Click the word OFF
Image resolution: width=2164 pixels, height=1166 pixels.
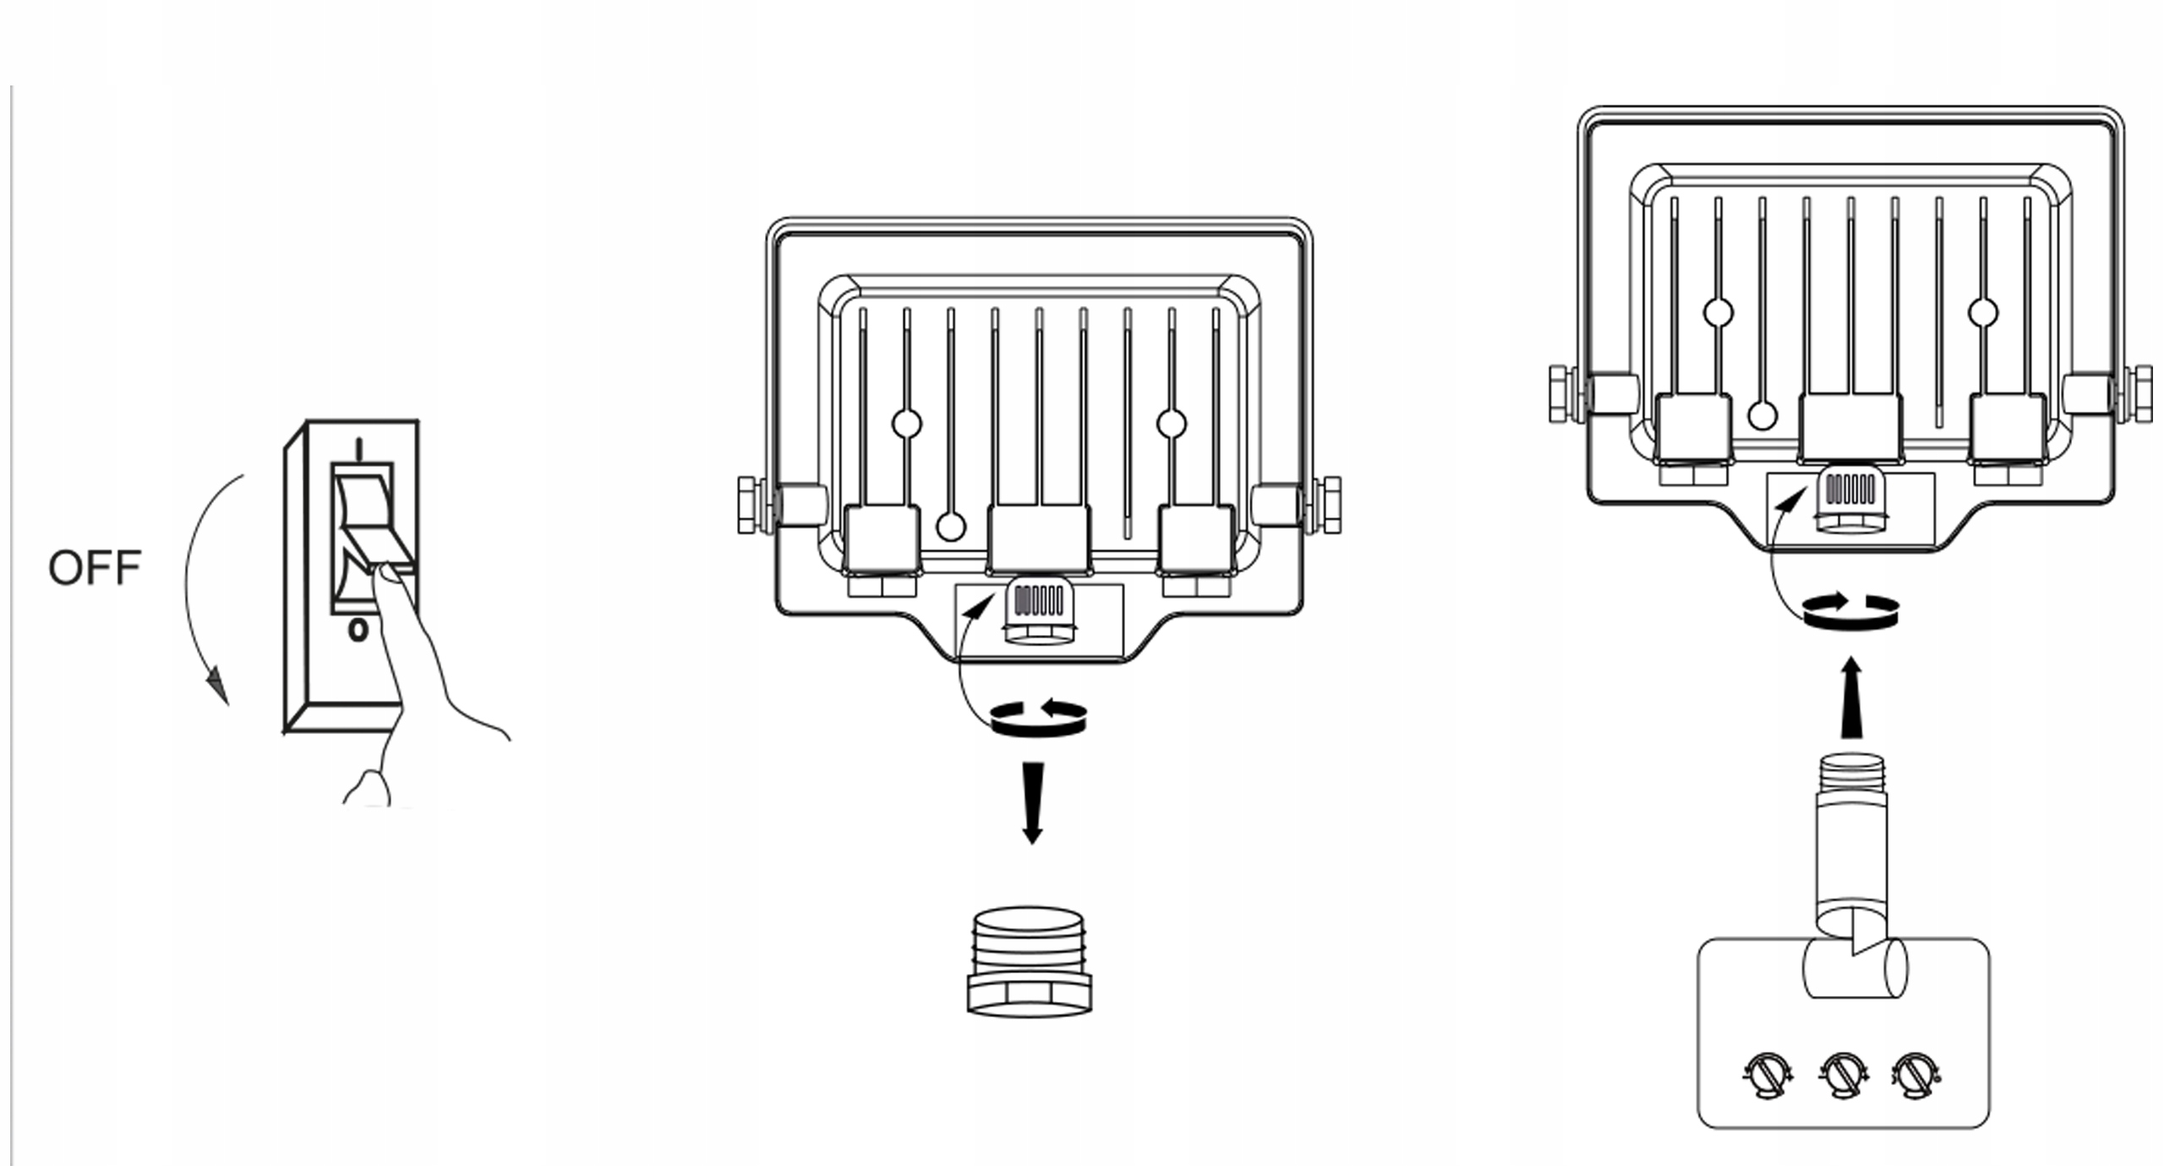point(95,567)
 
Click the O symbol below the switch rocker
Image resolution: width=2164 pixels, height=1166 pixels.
point(358,630)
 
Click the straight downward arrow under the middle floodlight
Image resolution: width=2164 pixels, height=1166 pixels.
point(1032,802)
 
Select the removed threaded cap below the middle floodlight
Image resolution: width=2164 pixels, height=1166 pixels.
point(1029,961)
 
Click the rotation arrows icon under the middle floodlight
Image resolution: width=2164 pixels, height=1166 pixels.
point(1039,718)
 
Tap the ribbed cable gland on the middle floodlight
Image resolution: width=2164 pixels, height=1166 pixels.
point(1038,611)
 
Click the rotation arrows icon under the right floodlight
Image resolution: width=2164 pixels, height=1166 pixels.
point(1851,611)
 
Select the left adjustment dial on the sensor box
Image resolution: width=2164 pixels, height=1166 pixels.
point(1767,1075)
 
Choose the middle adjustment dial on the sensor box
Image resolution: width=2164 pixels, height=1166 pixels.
point(1843,1075)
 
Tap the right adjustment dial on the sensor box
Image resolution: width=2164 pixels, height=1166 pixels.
point(1915,1075)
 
